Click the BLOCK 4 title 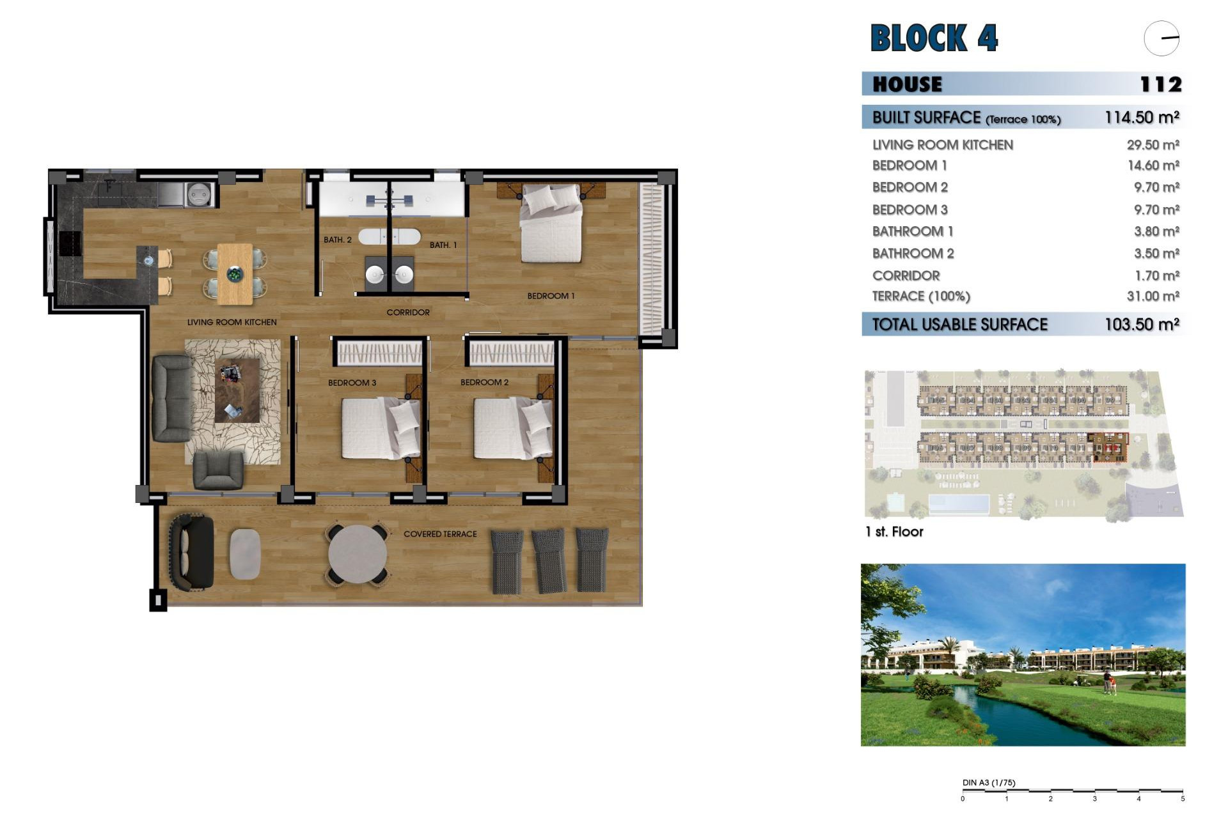pos(934,38)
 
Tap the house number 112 pos(1160,84)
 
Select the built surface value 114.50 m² pos(1142,118)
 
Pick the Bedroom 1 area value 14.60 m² pos(1153,166)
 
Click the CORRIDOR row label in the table pos(906,276)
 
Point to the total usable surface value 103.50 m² pos(1142,325)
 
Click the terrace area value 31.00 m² pos(1153,297)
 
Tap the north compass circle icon pos(1161,38)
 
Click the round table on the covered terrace pos(358,554)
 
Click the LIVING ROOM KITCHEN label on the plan pos(232,322)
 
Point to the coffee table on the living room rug pos(237,390)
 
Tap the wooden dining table pos(235,274)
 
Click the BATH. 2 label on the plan pos(337,240)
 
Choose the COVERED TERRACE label pos(440,534)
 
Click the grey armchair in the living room pos(218,470)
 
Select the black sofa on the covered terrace pos(191,552)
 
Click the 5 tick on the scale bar pos(1183,799)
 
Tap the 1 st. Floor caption pos(893,532)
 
